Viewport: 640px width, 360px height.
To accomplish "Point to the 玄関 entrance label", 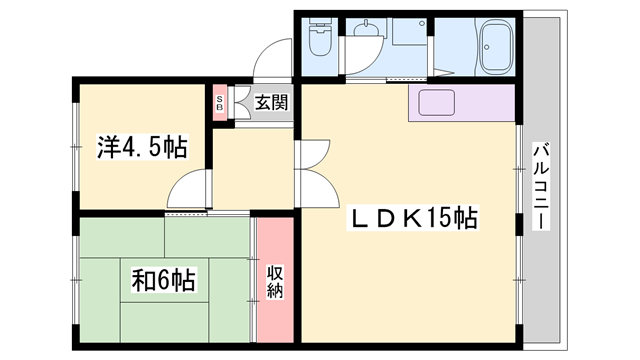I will point(270,101).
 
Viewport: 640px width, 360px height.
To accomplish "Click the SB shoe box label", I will point(220,102).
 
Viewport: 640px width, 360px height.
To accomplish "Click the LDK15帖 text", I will point(411,216).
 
